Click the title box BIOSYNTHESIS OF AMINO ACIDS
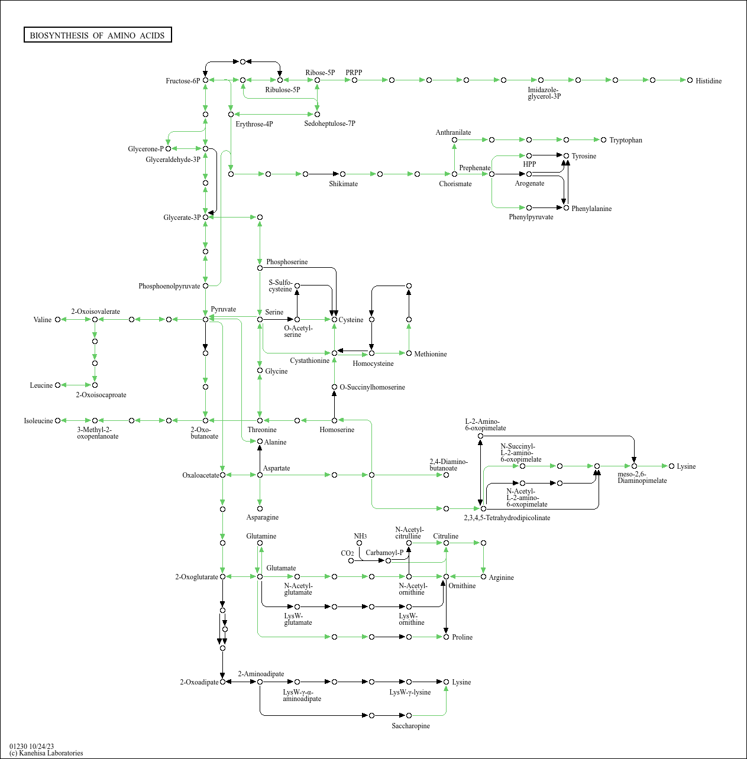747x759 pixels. pyautogui.click(x=98, y=35)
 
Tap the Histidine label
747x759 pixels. pyautogui.click(x=708, y=81)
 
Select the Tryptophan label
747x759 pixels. pyautogui.click(x=625, y=140)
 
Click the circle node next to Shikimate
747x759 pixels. pyautogui.click(x=342, y=174)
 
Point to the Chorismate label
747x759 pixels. pyautogui.click(x=455, y=184)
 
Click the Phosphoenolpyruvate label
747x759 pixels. pyautogui.click(x=169, y=286)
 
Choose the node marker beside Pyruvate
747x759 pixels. pyautogui.click(x=205, y=319)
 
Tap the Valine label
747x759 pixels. pyautogui.click(x=43, y=320)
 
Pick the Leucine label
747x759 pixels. pyautogui.click(x=41, y=385)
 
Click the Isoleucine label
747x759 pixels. pyautogui.click(x=38, y=421)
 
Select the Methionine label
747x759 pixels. pyautogui.click(x=430, y=354)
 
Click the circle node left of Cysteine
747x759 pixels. pyautogui.click(x=334, y=319)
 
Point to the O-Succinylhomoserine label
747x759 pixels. pyautogui.click(x=372, y=387)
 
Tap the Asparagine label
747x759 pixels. pyautogui.click(x=262, y=517)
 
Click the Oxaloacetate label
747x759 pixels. pyautogui.click(x=201, y=475)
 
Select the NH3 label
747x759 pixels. pyautogui.click(x=360, y=536)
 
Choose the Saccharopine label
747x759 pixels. pyautogui.click(x=410, y=726)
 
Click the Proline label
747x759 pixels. pyautogui.click(x=462, y=637)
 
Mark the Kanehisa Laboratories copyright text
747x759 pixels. pyautogui.click(x=46, y=753)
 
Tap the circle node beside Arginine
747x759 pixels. pyautogui.click(x=483, y=576)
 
